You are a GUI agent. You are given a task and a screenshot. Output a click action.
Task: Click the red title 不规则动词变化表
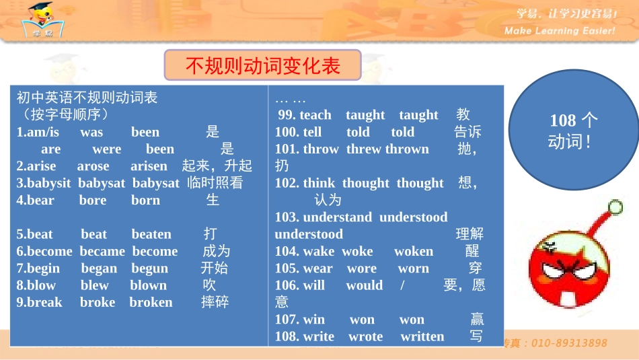[x=263, y=65]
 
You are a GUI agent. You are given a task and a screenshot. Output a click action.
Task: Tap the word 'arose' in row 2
[x=93, y=166]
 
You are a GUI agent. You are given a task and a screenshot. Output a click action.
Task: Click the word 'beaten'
[x=151, y=234]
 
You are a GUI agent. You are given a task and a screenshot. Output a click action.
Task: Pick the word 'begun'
[x=149, y=268]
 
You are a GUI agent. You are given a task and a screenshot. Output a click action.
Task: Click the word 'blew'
[x=94, y=285]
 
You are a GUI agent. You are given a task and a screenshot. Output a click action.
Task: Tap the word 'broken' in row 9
[x=151, y=302]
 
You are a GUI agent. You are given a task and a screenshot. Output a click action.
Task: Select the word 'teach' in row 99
[x=315, y=115]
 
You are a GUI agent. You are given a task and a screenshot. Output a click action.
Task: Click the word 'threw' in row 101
[x=363, y=149]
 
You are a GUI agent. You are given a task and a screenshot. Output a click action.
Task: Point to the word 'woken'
[x=414, y=251]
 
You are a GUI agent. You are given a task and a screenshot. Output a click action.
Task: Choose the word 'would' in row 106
[x=364, y=285]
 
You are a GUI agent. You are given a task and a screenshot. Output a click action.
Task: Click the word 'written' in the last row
[x=422, y=336]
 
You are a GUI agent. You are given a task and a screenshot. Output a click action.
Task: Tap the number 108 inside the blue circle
[x=563, y=120]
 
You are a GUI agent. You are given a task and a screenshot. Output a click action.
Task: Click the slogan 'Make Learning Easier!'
[x=560, y=31]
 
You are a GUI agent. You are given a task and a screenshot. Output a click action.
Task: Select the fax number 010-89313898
[x=569, y=343]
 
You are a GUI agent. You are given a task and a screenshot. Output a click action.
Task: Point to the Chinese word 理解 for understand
[x=469, y=234]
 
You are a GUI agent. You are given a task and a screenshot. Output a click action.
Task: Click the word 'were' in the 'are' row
[x=106, y=149]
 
